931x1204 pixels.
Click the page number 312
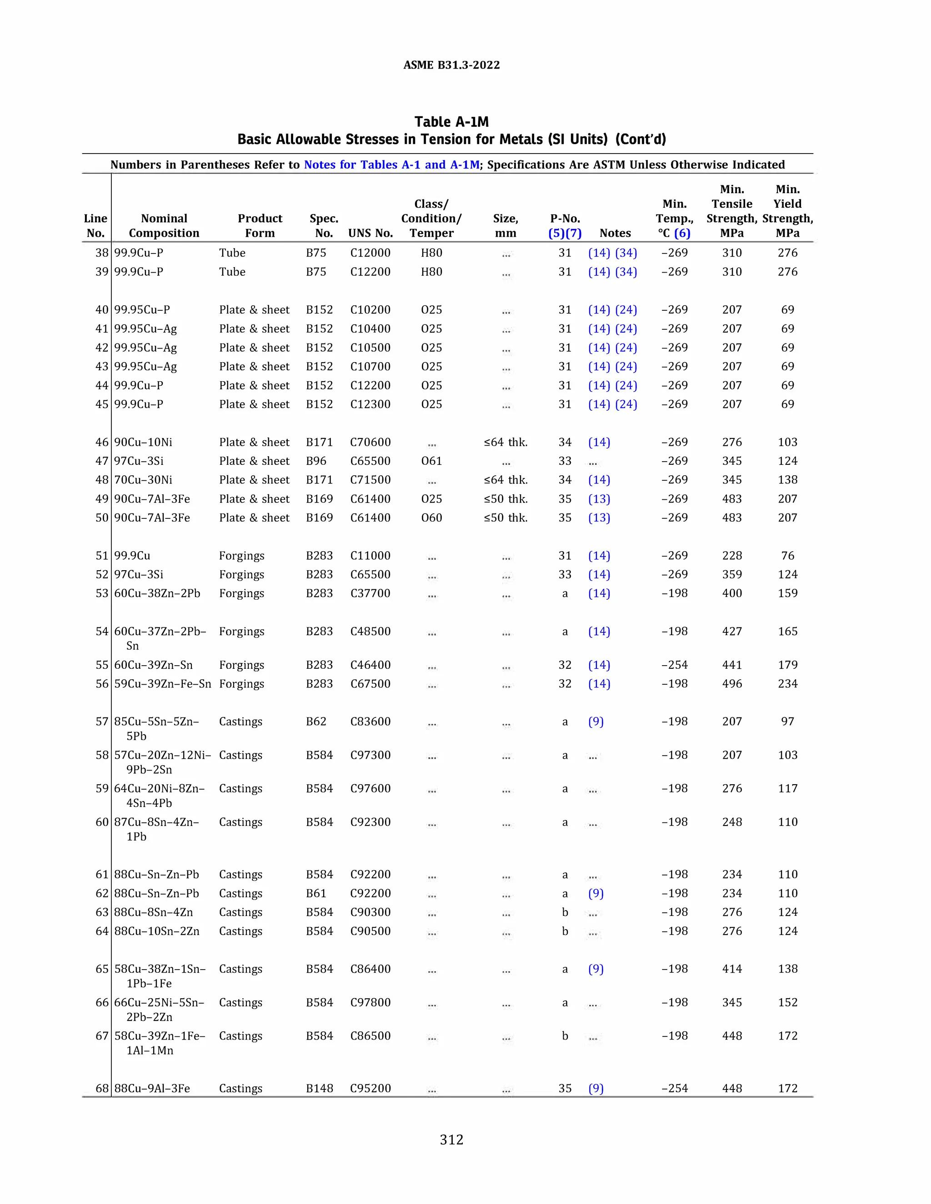point(451,1139)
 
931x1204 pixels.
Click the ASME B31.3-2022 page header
point(451,65)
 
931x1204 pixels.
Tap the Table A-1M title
point(451,122)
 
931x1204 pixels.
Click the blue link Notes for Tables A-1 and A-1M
point(391,164)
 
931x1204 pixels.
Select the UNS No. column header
point(370,233)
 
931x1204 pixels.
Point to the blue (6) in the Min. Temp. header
point(682,233)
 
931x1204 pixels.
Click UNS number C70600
point(370,442)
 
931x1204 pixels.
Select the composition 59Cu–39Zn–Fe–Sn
point(162,684)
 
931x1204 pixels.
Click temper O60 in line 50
point(431,517)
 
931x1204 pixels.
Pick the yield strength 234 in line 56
point(787,684)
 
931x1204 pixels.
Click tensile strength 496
point(731,684)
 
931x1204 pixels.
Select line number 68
point(102,1088)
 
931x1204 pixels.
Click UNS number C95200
point(370,1088)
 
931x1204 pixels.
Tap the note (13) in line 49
point(599,499)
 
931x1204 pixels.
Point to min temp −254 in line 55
point(674,665)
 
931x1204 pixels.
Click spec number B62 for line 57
point(316,721)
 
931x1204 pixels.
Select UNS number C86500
point(370,1036)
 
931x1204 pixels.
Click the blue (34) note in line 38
point(626,253)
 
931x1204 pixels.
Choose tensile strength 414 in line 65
point(731,969)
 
